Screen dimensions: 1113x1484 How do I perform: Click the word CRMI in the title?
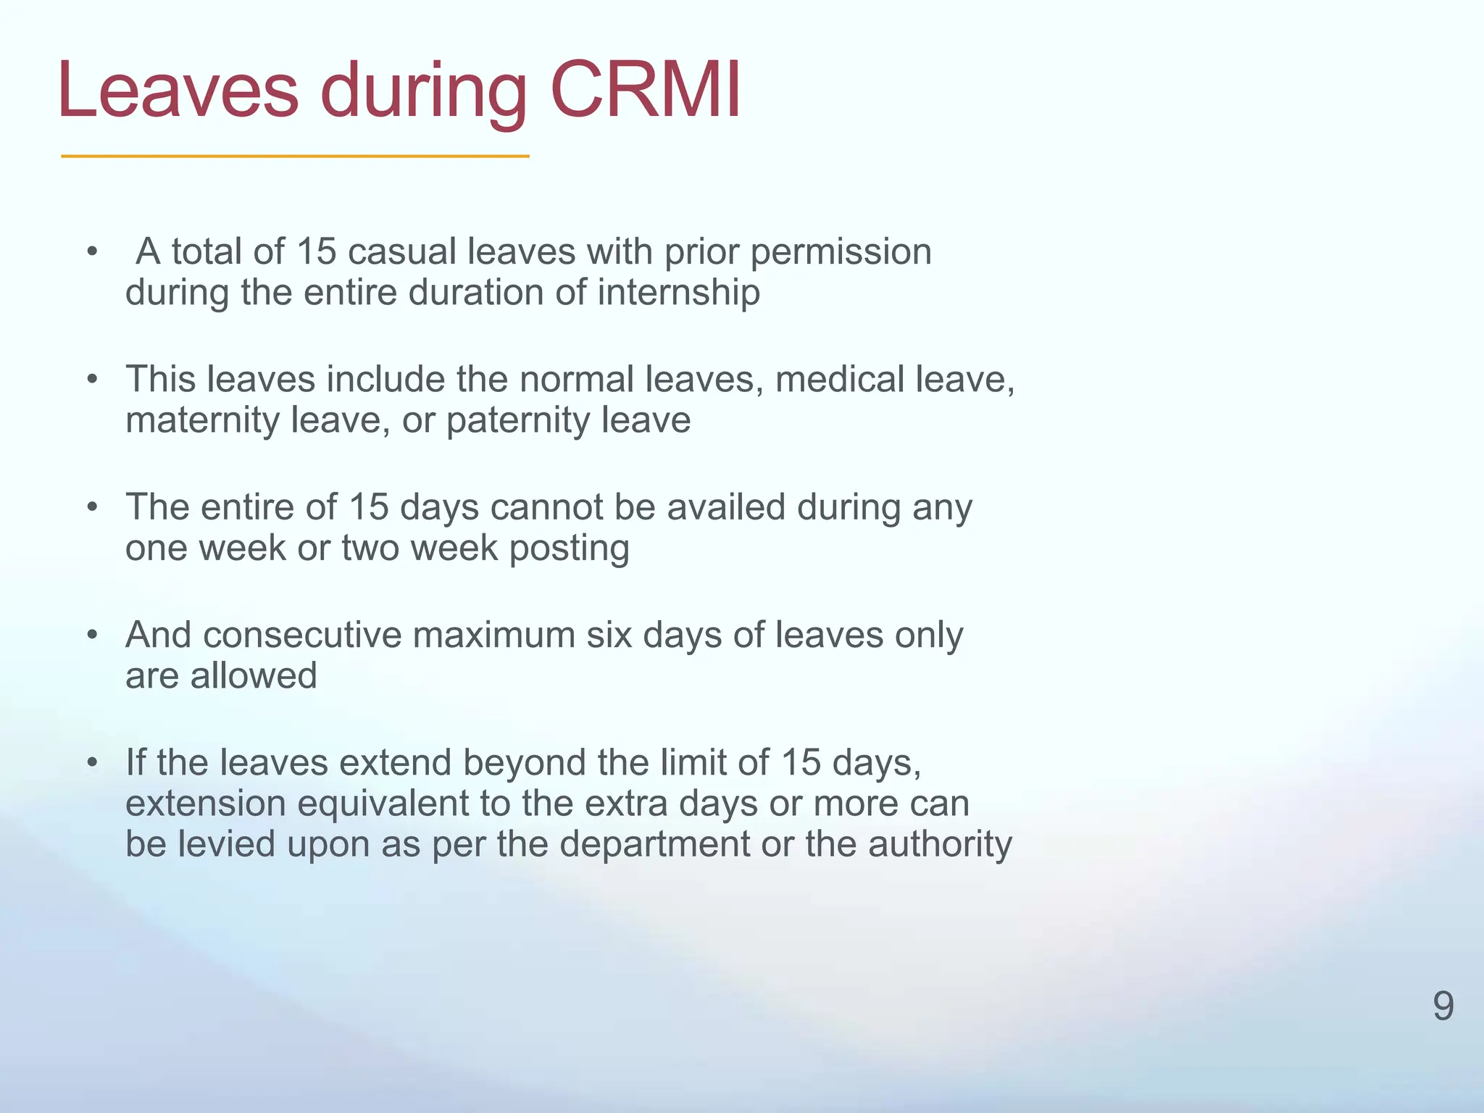646,91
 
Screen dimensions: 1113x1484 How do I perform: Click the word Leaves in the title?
178,91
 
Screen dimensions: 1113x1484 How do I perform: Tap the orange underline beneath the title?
295,156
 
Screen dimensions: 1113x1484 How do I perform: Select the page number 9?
1443,1006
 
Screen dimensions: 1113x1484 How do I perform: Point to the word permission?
841,253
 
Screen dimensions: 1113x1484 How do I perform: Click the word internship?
679,293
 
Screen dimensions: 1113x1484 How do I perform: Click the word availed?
726,507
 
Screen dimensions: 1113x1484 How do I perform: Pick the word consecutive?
302,635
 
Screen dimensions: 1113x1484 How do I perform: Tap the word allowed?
254,675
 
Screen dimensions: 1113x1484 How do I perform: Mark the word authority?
940,845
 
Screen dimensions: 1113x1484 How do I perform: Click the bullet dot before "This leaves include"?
91,379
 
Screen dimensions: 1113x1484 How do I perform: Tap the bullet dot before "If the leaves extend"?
91,762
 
